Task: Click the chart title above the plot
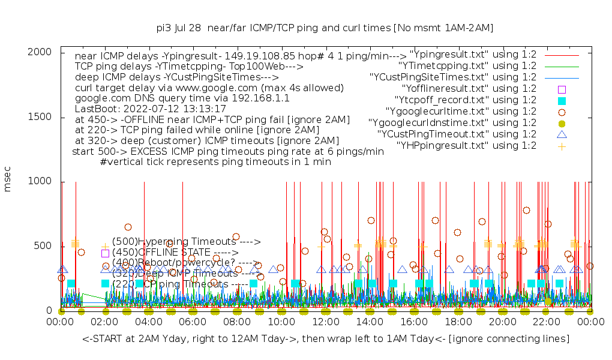pos(325,28)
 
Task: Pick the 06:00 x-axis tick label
pos(193,322)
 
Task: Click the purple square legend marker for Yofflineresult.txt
pos(562,89)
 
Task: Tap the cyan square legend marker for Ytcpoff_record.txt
pos(562,100)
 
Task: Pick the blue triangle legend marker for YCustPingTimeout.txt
pos(562,134)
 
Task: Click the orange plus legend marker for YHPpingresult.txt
pos(562,146)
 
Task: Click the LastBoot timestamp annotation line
pos(151,109)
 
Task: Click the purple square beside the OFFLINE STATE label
pos(105,253)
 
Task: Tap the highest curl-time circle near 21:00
pos(526,210)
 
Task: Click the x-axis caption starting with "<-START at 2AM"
pos(326,340)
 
